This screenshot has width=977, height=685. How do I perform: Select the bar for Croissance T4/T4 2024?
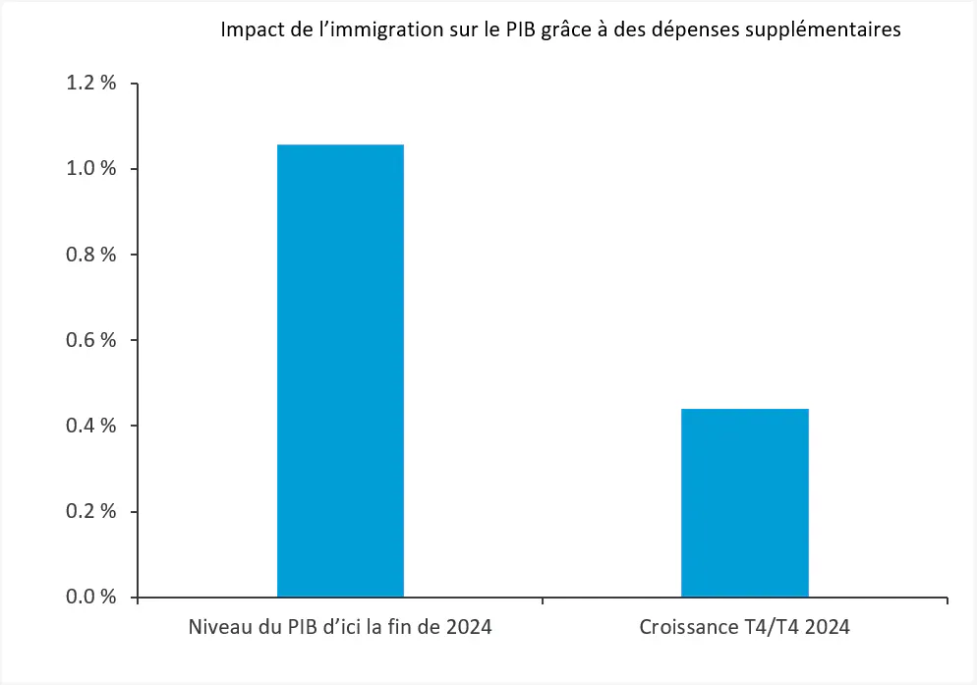[x=745, y=502]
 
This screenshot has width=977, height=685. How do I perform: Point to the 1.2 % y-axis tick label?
[x=91, y=84]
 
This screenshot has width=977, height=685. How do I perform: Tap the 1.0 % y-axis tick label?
[x=91, y=169]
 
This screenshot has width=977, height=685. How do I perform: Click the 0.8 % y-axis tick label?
[x=91, y=255]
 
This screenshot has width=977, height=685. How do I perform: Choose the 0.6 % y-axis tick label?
[x=91, y=340]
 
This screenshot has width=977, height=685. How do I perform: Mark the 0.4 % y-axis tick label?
[x=91, y=426]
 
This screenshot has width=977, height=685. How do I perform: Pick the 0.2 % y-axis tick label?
[x=91, y=511]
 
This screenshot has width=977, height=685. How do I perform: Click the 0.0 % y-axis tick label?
[x=91, y=597]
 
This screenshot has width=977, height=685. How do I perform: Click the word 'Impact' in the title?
[x=249, y=30]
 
